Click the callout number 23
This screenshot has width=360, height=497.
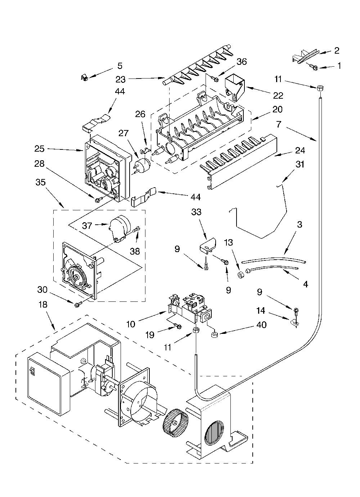(121, 79)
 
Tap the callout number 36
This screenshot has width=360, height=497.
(242, 62)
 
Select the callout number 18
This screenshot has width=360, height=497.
(43, 304)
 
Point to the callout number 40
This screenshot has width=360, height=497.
(261, 325)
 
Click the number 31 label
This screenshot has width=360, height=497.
(299, 165)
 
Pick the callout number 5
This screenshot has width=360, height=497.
(120, 66)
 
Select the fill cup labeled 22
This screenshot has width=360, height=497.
(235, 87)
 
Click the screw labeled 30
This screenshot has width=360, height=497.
(78, 304)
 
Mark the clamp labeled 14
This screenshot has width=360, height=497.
(294, 323)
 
